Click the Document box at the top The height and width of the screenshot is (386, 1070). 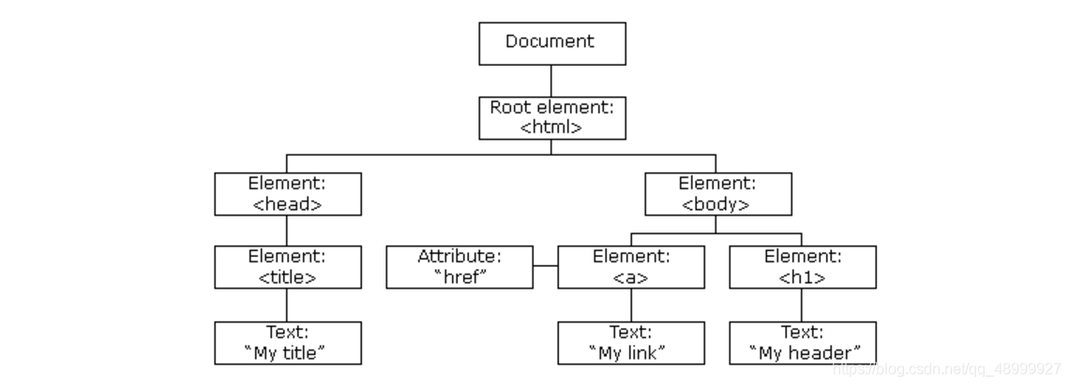pos(552,44)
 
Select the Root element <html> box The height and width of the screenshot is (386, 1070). pos(552,118)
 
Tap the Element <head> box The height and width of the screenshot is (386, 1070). pos(288,194)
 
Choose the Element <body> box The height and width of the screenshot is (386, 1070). pos(718,194)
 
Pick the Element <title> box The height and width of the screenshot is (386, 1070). pos(288,267)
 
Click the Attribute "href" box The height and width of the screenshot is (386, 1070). pos(460,267)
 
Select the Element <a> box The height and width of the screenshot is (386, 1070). pos(631,267)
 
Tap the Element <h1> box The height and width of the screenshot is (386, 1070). pos(803,267)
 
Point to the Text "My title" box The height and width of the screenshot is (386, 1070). pos(288,343)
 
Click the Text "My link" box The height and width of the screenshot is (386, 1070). pos(631,343)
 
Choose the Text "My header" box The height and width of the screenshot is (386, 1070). pos(803,343)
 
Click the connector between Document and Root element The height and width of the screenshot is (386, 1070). pos(551,82)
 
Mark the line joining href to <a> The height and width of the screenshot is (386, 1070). pos(545,266)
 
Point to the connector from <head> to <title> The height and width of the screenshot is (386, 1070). pos(287,230)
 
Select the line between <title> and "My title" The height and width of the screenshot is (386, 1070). pos(287,305)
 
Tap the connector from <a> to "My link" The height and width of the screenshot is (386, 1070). pos(631,305)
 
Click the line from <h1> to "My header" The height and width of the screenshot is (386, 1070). pos(801,305)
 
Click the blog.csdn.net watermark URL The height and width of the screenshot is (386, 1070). pos(947,370)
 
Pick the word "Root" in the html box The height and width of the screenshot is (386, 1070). pos(509,107)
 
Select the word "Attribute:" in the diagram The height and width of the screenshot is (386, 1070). pos(460,257)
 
